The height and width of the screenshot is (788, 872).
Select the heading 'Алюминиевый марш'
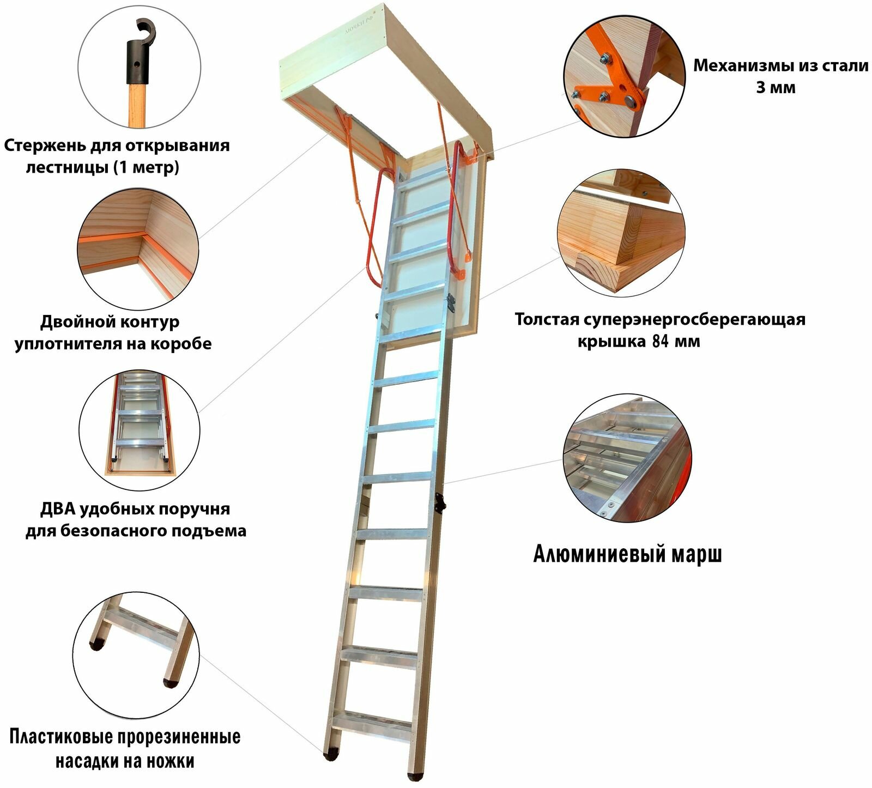[x=627, y=554]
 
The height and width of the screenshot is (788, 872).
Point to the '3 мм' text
[x=775, y=88]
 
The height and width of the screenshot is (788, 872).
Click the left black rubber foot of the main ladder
[x=330, y=757]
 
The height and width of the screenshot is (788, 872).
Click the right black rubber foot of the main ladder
[x=415, y=774]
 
